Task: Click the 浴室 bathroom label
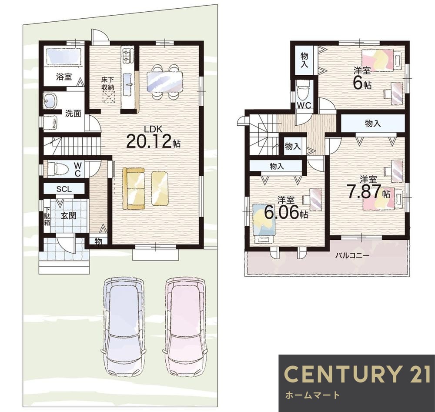pos(64,77)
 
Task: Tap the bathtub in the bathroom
pos(64,57)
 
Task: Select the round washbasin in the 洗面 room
pos(50,100)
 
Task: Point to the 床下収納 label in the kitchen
pos(107,84)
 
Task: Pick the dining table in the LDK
pos(164,81)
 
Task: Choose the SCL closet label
pos(64,189)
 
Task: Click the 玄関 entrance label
pos(69,216)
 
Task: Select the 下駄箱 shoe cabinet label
pos(47,216)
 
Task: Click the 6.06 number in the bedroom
pos(281,213)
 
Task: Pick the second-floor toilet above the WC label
pos(302,91)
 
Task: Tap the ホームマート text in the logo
pos(312,395)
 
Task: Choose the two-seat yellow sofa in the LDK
pos(134,188)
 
